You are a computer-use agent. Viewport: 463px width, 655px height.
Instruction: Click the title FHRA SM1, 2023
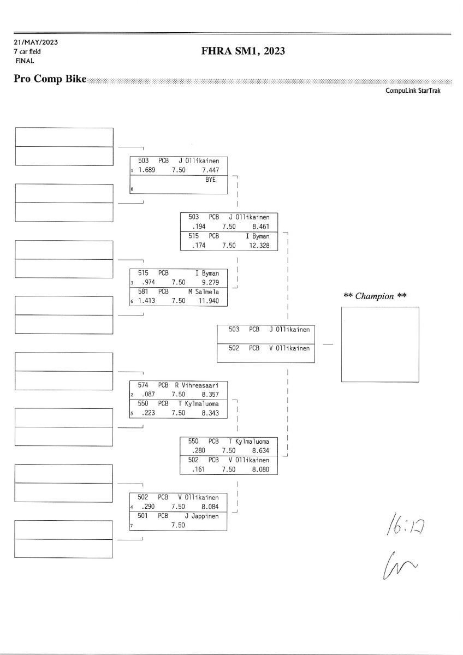coord(244,51)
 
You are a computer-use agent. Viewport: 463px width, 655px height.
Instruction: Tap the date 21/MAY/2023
coord(36,42)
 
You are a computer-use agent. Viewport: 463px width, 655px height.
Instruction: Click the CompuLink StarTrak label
coord(413,91)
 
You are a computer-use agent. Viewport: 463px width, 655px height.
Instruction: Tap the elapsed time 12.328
coord(259,246)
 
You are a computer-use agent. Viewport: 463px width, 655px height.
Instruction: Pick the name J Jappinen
coord(202,516)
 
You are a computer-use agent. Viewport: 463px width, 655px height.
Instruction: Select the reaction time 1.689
coord(147,170)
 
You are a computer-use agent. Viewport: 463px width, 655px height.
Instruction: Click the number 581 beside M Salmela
coord(143,291)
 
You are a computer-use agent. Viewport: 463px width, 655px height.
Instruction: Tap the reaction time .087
coord(147,394)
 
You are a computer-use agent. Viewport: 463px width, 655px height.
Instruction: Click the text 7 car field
coord(27,51)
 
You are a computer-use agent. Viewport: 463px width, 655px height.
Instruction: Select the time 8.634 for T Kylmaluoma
coord(259,450)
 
